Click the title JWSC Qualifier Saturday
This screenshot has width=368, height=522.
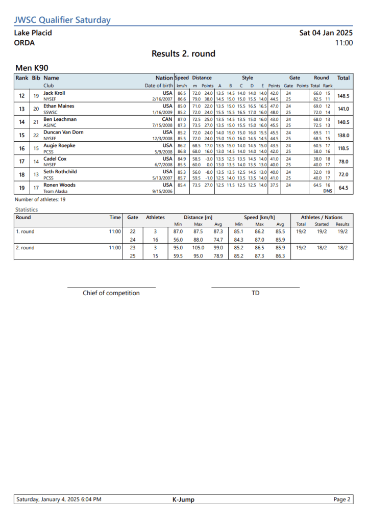[x=62, y=20]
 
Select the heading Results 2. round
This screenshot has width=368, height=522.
[x=183, y=54]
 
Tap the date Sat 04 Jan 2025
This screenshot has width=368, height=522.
[x=326, y=33]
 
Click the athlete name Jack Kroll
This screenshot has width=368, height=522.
[x=54, y=93]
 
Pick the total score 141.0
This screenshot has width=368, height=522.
[x=344, y=109]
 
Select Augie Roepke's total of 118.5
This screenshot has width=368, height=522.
[x=344, y=148]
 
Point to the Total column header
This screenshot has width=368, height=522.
[x=344, y=78]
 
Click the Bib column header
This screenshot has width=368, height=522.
[x=36, y=78]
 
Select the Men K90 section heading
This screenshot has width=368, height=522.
[x=32, y=68]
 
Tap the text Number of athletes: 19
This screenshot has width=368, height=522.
[x=40, y=199]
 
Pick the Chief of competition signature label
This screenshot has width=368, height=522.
[x=111, y=293]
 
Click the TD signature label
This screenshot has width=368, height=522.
[x=255, y=293]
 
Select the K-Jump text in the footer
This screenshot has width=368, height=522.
[x=183, y=500]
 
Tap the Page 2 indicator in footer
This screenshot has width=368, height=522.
[x=342, y=500]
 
